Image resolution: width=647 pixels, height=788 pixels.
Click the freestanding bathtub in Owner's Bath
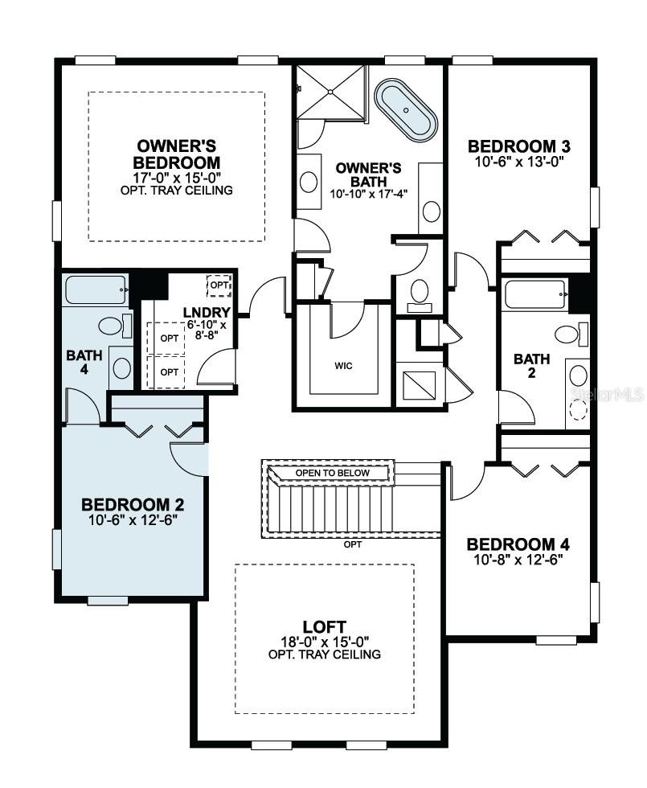(x=407, y=110)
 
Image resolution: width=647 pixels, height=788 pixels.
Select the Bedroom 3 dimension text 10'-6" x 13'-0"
(x=520, y=160)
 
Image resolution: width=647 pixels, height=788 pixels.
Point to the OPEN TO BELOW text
(x=332, y=473)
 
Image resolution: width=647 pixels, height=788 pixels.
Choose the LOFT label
(x=324, y=626)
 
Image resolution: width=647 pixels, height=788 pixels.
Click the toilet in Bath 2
(x=568, y=333)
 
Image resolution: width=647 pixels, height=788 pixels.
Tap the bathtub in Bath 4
(x=96, y=289)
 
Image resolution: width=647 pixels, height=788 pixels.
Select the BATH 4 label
(x=84, y=362)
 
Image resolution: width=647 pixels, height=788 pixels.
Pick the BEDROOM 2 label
(x=133, y=505)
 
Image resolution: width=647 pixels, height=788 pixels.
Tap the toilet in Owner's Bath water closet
(x=420, y=291)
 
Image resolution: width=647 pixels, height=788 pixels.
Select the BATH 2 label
(x=532, y=367)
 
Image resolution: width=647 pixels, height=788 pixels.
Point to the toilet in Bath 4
(x=110, y=326)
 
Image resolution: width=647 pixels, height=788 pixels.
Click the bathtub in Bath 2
(x=534, y=294)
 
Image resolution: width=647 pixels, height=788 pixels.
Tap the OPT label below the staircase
(x=352, y=544)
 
